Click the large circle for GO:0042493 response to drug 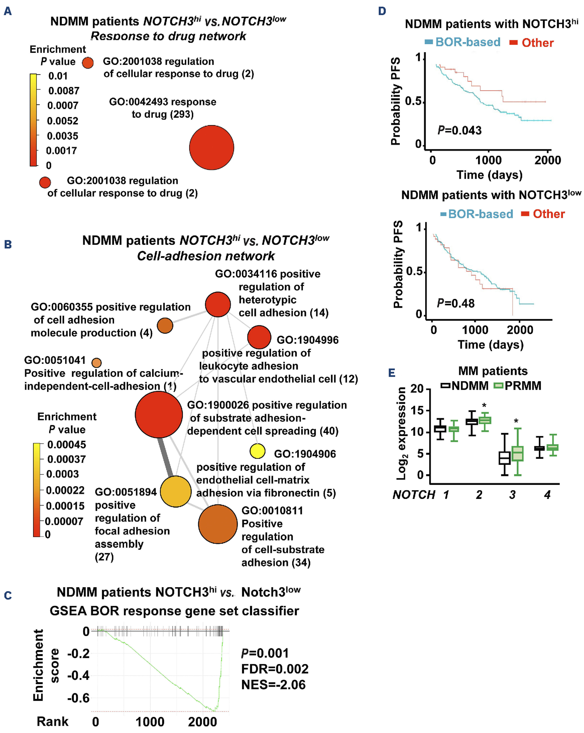[x=211, y=148]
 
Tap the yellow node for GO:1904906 [x=257, y=451]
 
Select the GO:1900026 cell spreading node [x=159, y=414]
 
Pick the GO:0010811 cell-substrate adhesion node [x=218, y=524]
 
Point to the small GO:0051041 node [x=97, y=363]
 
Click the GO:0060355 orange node [x=165, y=326]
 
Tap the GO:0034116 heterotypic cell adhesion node [x=218, y=304]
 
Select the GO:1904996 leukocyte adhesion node [x=259, y=337]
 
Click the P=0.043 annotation [x=459, y=130]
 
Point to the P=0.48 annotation [x=455, y=303]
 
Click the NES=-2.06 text [x=273, y=684]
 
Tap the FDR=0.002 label [x=275, y=669]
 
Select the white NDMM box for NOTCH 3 [x=504, y=458]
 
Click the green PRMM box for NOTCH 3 [x=517, y=454]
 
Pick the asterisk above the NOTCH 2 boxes [x=484, y=405]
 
